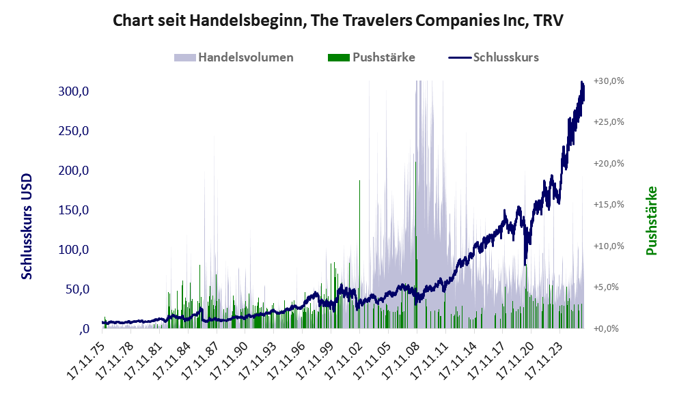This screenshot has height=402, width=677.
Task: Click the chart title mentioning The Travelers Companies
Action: (338, 20)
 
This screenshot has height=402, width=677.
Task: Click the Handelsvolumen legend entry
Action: (234, 57)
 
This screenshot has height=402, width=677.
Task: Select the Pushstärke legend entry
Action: (372, 57)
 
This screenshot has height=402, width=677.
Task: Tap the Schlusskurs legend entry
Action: (493, 57)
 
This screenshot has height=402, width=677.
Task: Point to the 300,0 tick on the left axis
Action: (73, 91)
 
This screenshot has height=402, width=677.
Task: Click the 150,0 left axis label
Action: (73, 210)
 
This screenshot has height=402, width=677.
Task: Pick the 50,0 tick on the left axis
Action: (77, 289)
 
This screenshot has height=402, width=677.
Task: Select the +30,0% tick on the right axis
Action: (609, 81)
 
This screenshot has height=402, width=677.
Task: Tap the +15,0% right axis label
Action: (609, 204)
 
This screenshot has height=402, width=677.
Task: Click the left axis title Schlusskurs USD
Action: (27, 226)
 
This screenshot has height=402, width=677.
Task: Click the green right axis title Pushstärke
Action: (652, 220)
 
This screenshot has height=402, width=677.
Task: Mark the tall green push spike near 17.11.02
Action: (359, 254)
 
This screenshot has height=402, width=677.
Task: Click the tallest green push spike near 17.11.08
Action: (416, 244)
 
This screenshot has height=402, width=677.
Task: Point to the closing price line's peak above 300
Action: (582, 81)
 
